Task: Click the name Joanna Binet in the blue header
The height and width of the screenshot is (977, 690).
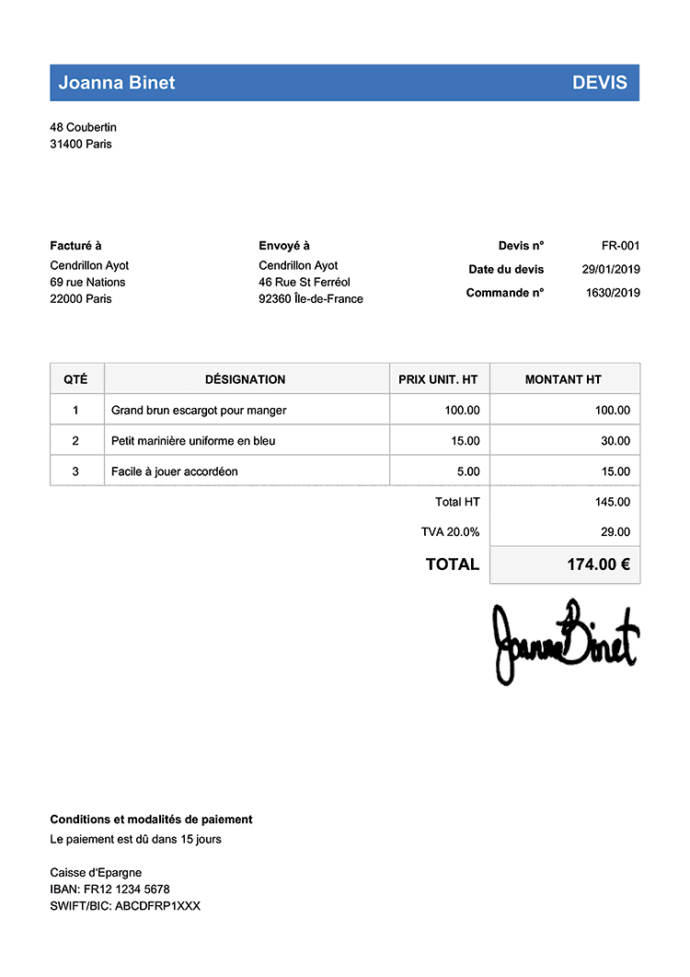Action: [117, 83]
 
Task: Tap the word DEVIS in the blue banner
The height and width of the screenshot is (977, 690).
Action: [600, 83]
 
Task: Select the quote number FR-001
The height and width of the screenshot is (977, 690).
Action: [620, 246]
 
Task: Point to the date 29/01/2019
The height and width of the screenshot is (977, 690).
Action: [611, 270]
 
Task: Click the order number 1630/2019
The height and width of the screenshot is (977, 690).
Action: [613, 294]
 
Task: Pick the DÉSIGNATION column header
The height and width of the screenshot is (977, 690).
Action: [245, 379]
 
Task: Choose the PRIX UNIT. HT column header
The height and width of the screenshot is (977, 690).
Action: [438, 379]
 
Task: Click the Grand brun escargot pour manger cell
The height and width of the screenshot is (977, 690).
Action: [199, 411]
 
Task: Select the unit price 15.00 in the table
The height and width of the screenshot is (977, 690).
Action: [466, 441]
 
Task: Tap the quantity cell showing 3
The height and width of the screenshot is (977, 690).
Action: [75, 471]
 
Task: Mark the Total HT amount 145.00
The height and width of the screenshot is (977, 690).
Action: [613, 502]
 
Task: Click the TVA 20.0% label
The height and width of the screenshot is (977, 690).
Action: [450, 532]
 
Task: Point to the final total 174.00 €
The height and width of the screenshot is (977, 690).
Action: [598, 564]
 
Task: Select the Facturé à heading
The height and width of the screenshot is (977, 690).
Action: [75, 246]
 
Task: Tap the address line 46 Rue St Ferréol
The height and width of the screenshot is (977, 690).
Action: [305, 283]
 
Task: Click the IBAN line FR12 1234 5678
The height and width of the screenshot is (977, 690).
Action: [109, 890]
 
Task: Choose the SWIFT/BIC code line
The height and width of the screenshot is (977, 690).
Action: [125, 906]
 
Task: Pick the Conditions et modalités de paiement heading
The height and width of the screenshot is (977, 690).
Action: [151, 820]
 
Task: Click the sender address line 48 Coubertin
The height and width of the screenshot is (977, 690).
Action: [83, 127]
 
